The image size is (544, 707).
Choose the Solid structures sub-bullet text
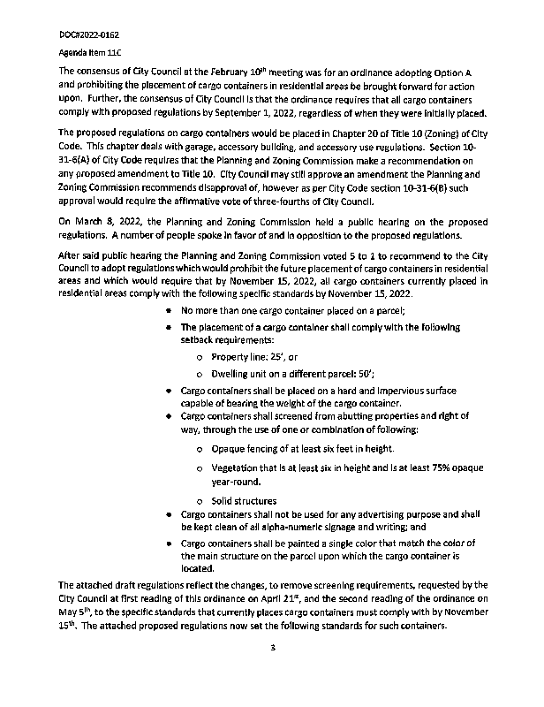pyautogui.click(x=243, y=501)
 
